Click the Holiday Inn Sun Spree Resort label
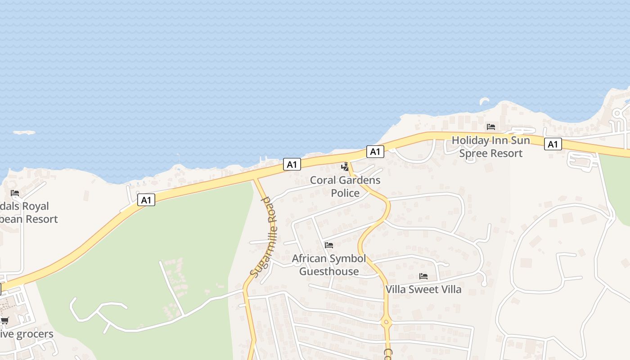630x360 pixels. (490, 147)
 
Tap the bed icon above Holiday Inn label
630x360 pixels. (490, 127)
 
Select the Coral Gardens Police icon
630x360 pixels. (345, 167)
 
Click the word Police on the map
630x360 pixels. (345, 193)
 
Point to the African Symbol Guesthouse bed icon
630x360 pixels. (329, 245)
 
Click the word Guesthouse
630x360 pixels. (329, 271)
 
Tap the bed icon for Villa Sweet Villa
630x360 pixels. (423, 276)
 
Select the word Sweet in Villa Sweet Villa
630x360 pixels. (423, 289)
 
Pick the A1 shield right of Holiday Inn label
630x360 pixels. (553, 144)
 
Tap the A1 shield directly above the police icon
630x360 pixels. (374, 152)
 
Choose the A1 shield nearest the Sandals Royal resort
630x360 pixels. (146, 200)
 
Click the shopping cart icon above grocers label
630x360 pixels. (4, 320)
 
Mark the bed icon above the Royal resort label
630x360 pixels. (15, 193)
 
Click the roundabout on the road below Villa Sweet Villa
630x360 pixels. (386, 322)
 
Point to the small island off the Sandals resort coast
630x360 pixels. (24, 133)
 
